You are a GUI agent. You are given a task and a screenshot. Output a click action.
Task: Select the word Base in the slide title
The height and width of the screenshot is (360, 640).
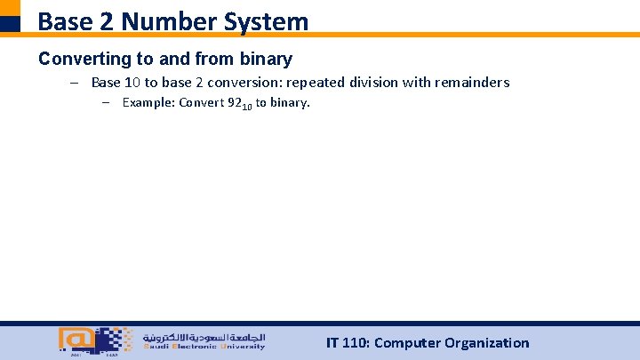[67, 21]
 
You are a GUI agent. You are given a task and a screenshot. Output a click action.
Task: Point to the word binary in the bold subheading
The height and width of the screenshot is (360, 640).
[265, 60]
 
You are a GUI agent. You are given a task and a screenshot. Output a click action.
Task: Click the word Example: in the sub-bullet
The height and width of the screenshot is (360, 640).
[148, 102]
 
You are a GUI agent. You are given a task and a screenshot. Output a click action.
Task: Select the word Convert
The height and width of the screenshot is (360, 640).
[202, 102]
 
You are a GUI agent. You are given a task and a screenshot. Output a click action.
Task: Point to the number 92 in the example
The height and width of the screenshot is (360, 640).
[236, 102]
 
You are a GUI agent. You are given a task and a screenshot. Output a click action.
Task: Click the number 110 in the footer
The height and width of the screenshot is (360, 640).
[353, 343]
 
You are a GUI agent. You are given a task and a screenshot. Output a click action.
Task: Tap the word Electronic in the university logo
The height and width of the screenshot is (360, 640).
[197, 348]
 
